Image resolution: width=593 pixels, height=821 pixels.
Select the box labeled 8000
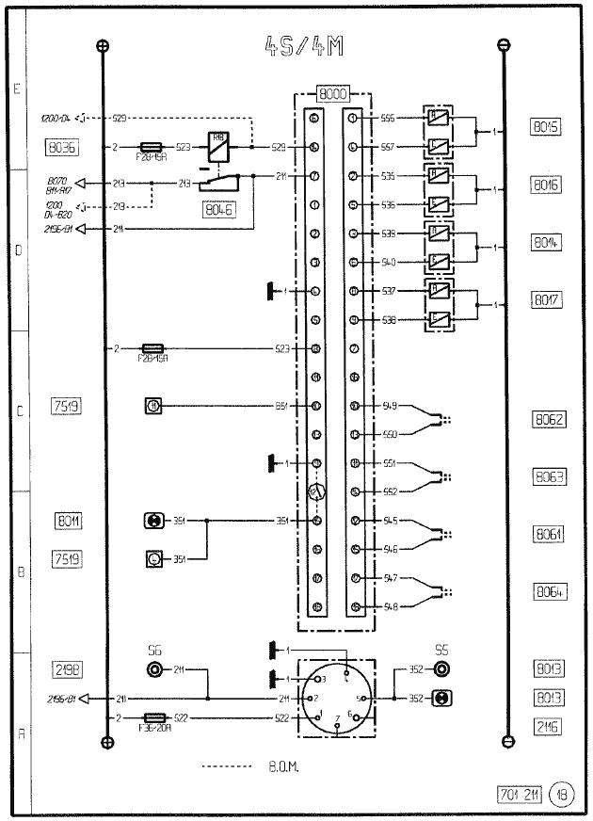[333, 95]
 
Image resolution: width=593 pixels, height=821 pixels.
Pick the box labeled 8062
[548, 419]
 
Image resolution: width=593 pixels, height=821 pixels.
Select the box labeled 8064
[548, 592]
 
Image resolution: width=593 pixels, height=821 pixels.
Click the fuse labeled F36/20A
[152, 717]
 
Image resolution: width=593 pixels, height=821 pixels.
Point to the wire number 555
[387, 119]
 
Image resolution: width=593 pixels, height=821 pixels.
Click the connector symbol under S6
[154, 669]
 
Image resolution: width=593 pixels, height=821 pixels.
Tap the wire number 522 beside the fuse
[182, 717]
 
